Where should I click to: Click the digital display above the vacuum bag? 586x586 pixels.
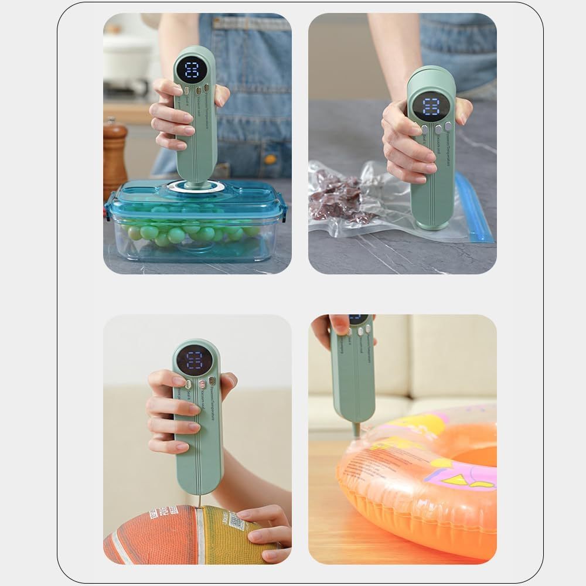[x=432, y=107]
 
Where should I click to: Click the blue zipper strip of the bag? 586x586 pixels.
[x=473, y=208]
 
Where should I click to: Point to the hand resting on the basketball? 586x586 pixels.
[x=264, y=527]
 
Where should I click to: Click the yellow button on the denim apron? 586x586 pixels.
[x=269, y=159]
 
